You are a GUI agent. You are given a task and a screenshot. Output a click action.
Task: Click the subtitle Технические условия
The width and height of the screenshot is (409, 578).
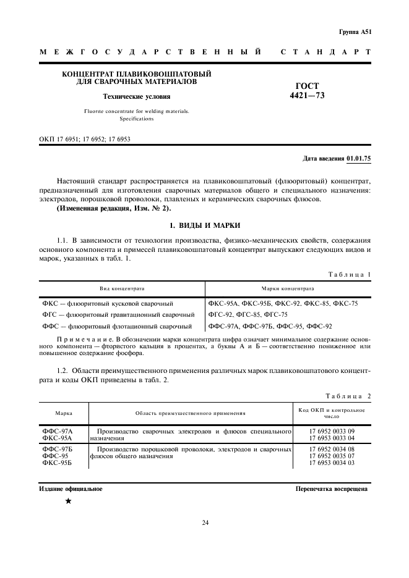tap(137, 96)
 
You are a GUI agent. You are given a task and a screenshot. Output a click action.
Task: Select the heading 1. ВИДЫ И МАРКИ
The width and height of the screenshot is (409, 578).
tap(205, 225)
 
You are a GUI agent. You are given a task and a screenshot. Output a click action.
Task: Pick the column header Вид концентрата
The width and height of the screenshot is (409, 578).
tap(122, 288)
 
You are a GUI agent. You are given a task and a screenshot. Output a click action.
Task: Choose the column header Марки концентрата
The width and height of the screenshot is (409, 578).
tap(288, 288)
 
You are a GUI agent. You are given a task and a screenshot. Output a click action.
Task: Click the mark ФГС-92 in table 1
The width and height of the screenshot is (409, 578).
tap(221, 314)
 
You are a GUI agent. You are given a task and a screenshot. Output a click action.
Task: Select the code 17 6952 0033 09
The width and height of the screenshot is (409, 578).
tap(332, 430)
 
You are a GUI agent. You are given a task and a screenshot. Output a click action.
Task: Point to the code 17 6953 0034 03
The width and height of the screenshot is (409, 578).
tap(332, 462)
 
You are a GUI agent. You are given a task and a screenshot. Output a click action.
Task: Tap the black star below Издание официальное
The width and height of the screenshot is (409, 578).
tap(68, 501)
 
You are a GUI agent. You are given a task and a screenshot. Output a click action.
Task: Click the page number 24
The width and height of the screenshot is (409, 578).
tap(205, 523)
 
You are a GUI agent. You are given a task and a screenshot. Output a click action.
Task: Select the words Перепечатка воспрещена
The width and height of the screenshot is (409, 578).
tap(332, 488)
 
